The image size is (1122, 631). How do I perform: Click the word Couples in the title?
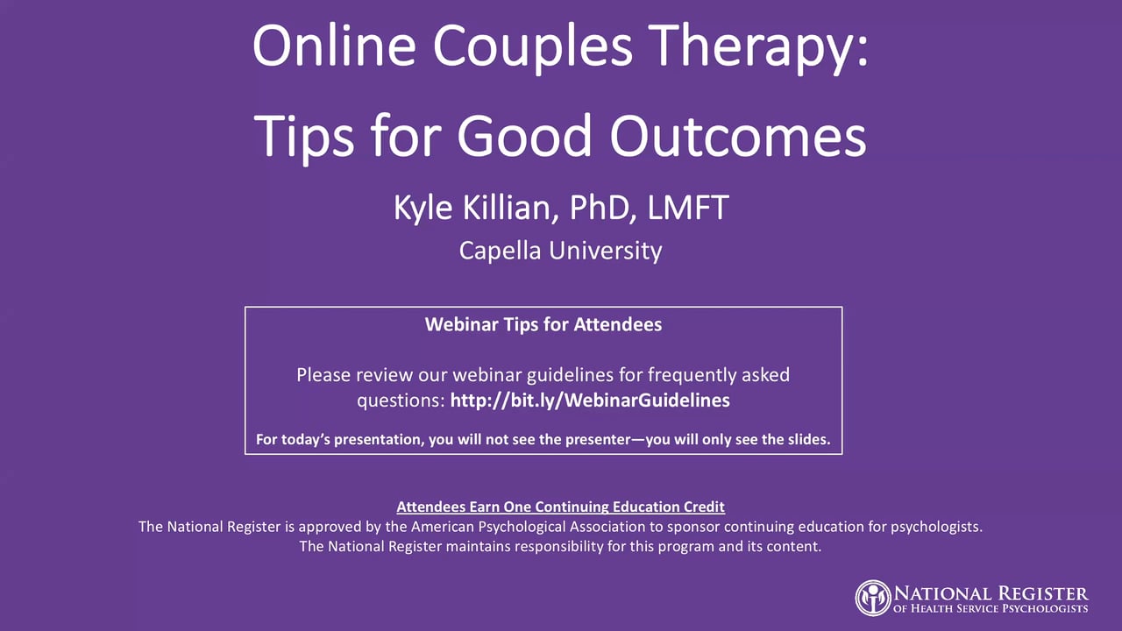click(533, 46)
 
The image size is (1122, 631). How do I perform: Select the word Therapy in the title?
click(752, 46)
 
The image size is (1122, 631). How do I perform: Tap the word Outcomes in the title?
click(738, 136)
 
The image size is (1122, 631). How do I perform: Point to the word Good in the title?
click(524, 136)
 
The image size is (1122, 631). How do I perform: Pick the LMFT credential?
click(688, 208)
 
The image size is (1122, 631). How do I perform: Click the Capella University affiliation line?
click(560, 251)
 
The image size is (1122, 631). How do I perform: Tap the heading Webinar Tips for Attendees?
click(543, 324)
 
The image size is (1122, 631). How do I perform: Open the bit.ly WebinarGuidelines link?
click(590, 401)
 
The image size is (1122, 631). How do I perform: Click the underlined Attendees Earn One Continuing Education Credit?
click(560, 507)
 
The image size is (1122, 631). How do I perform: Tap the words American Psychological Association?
click(528, 527)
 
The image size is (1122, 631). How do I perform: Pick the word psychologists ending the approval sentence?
click(936, 527)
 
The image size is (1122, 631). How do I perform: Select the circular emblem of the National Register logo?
click(873, 598)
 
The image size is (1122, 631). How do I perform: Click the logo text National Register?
click(991, 594)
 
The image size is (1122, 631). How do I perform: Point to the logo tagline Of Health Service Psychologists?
click(991, 609)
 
